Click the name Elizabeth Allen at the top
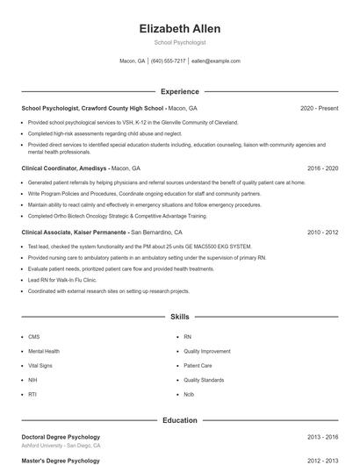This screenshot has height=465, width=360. click(x=179, y=28)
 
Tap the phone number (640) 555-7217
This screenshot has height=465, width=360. click(x=168, y=61)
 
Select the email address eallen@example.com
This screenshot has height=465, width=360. click(x=215, y=61)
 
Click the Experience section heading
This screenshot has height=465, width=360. click(x=179, y=91)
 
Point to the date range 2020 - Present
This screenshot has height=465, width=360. click(x=319, y=108)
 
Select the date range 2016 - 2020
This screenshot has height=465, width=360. click(x=322, y=167)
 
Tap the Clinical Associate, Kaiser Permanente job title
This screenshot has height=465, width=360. click(x=76, y=232)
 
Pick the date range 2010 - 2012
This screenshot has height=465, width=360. click(x=322, y=232)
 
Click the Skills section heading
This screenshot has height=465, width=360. click(x=179, y=316)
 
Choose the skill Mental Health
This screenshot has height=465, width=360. click(x=43, y=351)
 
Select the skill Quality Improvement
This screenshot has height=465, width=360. click(x=205, y=351)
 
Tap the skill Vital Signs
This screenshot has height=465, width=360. click(x=40, y=365)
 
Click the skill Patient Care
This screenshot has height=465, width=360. click(x=198, y=365)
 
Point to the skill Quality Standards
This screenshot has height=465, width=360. click(x=203, y=380)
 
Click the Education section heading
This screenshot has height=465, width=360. click(x=179, y=420)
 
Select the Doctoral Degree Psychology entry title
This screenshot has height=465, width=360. click(x=61, y=437)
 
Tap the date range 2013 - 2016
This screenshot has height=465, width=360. click(x=322, y=437)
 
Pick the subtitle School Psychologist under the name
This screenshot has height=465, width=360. click(x=179, y=42)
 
